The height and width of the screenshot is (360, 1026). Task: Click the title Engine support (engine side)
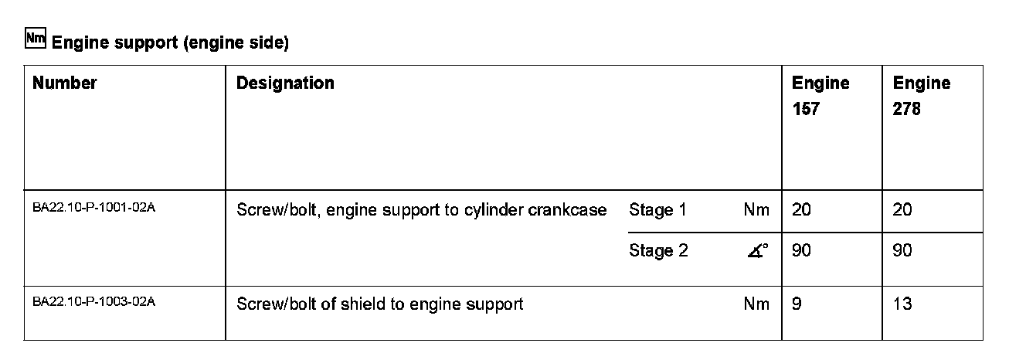click(x=170, y=43)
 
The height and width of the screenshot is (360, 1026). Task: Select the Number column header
click(x=65, y=83)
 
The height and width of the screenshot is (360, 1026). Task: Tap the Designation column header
click(x=285, y=83)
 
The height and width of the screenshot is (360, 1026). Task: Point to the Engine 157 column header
click(x=820, y=96)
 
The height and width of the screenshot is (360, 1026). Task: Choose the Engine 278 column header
click(x=922, y=96)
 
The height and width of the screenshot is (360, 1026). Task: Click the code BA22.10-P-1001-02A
click(x=94, y=208)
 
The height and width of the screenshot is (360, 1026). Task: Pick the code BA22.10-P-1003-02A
click(x=94, y=302)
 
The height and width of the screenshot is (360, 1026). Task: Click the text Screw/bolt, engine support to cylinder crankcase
click(x=421, y=210)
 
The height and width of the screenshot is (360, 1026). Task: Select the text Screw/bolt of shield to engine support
click(x=379, y=304)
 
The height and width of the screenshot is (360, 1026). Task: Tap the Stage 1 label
click(x=657, y=210)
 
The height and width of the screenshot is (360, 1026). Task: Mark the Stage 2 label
click(x=658, y=251)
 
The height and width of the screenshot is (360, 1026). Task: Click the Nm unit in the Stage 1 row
click(x=756, y=210)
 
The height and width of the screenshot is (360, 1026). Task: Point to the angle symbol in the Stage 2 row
click(x=759, y=251)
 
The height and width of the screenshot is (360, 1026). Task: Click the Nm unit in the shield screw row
click(x=756, y=304)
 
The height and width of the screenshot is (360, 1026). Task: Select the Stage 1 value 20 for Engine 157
click(x=801, y=210)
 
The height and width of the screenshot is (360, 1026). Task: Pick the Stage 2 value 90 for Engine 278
click(x=902, y=251)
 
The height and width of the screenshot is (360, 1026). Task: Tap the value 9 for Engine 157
click(x=797, y=304)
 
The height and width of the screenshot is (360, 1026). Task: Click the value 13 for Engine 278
click(x=902, y=304)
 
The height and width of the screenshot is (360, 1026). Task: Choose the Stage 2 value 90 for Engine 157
click(x=801, y=251)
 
